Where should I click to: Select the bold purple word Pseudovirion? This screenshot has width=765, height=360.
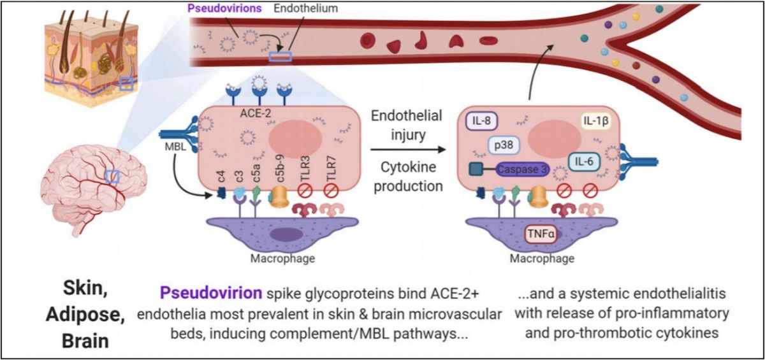207,294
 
